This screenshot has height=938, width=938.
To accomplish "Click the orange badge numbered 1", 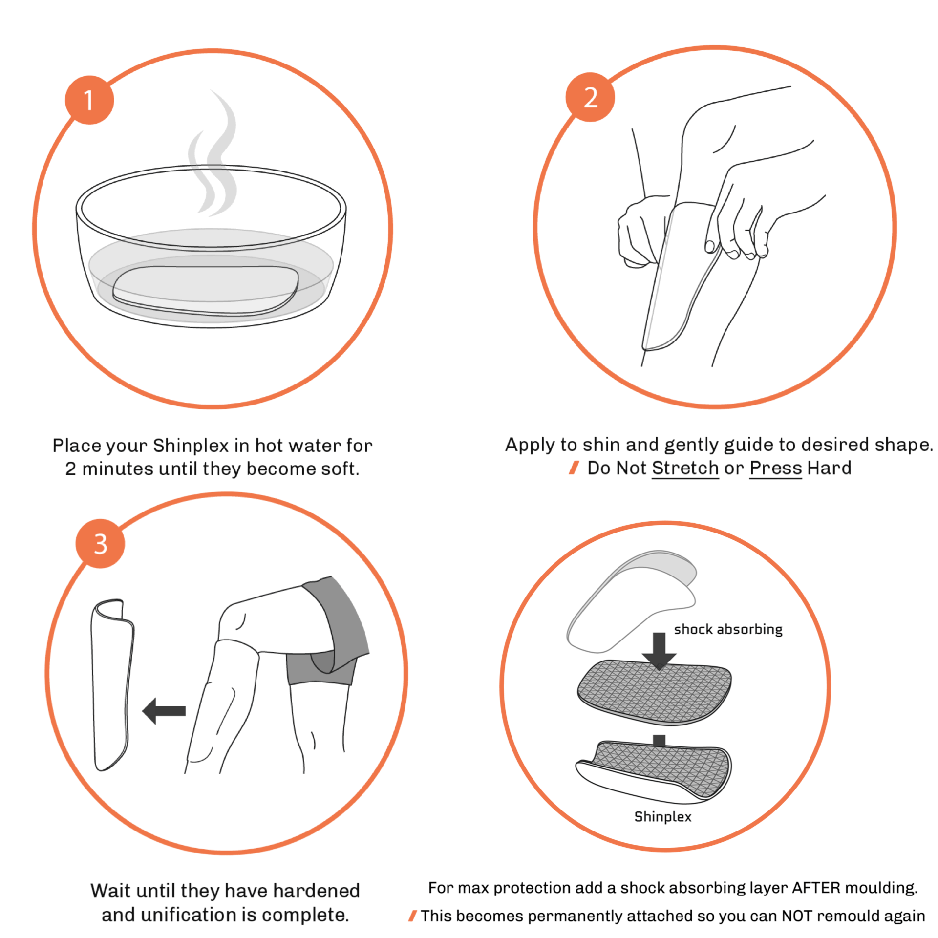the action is click(x=89, y=100).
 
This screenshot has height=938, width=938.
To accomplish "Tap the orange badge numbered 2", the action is click(x=590, y=97).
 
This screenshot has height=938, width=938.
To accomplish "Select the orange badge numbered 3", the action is click(x=100, y=543).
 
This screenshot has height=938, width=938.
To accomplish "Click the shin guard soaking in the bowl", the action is click(x=205, y=291).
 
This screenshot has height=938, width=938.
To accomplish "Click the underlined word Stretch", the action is click(x=685, y=468).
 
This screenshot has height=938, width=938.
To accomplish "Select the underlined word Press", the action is click(x=776, y=468).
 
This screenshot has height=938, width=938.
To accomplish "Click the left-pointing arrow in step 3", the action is click(x=164, y=711).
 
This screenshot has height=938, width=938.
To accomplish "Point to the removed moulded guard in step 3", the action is click(x=111, y=684).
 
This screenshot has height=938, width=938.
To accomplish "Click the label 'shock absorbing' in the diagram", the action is click(x=728, y=629).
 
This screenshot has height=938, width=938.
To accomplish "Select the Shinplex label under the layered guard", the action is click(x=662, y=816).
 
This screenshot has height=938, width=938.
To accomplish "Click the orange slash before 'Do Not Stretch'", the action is click(x=574, y=468).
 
